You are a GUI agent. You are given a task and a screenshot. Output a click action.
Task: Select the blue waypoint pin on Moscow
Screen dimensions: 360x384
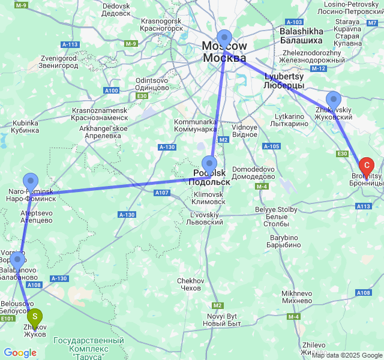[x=224, y=37]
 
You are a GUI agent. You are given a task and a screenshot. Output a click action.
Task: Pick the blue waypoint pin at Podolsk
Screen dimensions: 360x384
[x=209, y=163]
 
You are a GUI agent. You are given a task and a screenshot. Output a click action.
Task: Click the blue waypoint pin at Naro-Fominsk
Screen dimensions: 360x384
[x=30, y=181]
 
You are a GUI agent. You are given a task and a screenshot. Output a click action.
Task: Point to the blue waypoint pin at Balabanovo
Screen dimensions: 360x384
[x=17, y=259]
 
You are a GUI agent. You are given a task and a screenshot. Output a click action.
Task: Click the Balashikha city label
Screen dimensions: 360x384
[x=301, y=35]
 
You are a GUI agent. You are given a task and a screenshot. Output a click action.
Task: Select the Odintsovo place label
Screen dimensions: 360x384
[x=152, y=83]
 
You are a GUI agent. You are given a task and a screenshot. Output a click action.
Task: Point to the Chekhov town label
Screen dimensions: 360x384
[x=191, y=284]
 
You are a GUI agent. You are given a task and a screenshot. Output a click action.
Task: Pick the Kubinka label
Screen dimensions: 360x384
[x=25, y=127]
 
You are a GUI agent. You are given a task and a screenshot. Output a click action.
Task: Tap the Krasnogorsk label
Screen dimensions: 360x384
[x=162, y=24]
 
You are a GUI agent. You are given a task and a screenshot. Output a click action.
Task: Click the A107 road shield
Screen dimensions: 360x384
[x=162, y=193]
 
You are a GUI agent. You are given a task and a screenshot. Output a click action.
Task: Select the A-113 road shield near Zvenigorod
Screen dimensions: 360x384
[x=70, y=44]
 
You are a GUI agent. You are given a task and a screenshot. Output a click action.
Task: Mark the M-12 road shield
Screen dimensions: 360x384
[x=319, y=68]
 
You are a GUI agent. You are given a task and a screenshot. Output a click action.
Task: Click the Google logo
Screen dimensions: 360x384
[x=20, y=353]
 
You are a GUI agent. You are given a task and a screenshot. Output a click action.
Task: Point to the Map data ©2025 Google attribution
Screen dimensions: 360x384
[x=347, y=355]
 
